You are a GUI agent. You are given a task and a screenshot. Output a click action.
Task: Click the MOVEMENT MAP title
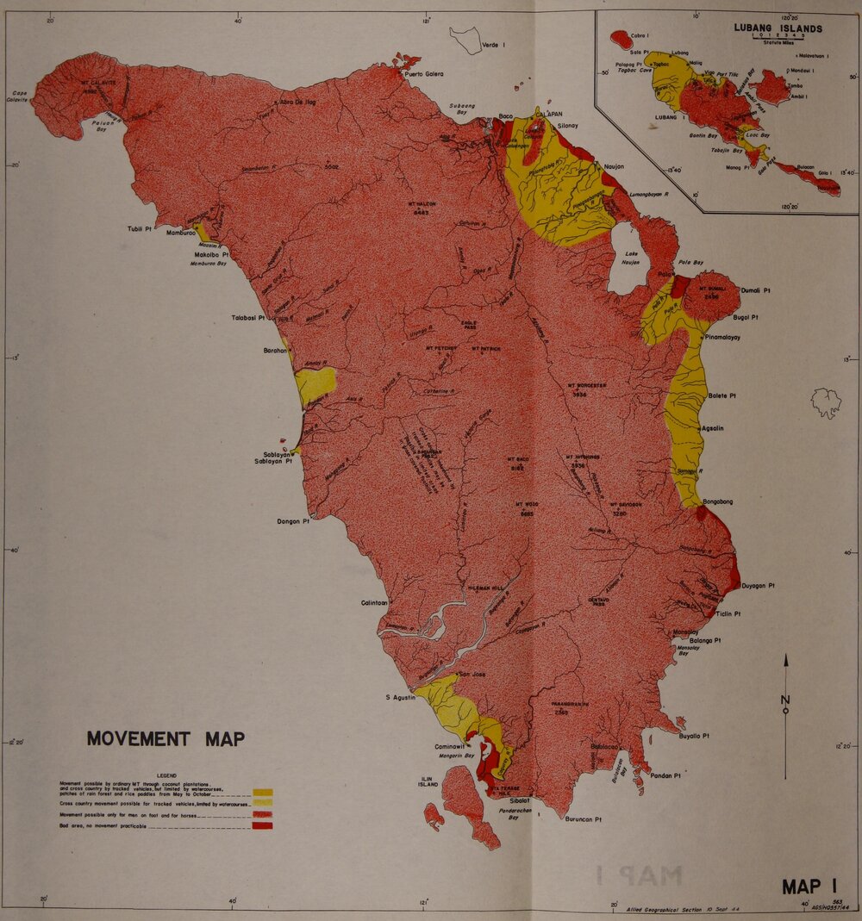[166, 738]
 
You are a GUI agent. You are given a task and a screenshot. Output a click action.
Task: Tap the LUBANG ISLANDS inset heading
[778, 28]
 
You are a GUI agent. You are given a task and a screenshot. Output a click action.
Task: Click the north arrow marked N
[785, 698]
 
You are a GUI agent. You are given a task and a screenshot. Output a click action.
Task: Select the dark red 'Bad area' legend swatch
[263, 825]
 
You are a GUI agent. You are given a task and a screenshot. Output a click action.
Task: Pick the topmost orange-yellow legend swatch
[263, 792]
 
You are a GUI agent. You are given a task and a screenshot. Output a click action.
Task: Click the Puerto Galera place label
[424, 74]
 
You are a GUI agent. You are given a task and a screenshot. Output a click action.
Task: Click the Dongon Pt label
[293, 520]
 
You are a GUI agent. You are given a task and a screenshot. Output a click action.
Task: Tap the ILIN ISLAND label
[428, 781]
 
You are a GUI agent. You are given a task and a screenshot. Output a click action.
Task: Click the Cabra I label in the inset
[640, 35]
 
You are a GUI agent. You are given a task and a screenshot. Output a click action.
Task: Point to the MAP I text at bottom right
[810, 886]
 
